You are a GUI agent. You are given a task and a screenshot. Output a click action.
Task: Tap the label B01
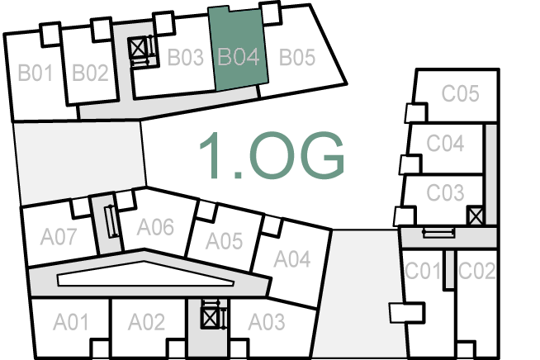(x=36, y=73)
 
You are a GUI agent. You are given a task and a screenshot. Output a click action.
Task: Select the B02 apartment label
(x=90, y=73)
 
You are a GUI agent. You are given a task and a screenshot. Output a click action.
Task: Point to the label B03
(x=185, y=58)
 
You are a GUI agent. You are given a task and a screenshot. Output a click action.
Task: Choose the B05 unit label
(x=296, y=58)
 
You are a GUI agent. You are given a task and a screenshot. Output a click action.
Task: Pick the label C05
(x=460, y=93)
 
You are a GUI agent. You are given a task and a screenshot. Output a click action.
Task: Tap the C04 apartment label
(x=445, y=143)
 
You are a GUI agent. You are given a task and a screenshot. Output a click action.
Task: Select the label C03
(x=445, y=193)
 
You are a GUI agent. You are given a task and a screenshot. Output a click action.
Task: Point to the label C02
(x=476, y=270)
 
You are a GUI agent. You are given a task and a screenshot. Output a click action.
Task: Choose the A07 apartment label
(x=59, y=238)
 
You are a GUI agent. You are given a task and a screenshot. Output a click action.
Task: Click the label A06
(x=155, y=225)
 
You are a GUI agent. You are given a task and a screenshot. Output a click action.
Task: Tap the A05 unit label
(x=224, y=241)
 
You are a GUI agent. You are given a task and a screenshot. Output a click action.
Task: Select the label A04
(x=291, y=259)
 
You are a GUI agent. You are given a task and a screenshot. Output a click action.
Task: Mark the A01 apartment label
(x=71, y=320)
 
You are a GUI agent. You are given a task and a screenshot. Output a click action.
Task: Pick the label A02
(x=147, y=320)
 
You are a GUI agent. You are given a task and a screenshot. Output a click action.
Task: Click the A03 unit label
(x=266, y=320)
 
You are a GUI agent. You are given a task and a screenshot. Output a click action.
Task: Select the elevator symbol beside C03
(x=475, y=216)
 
